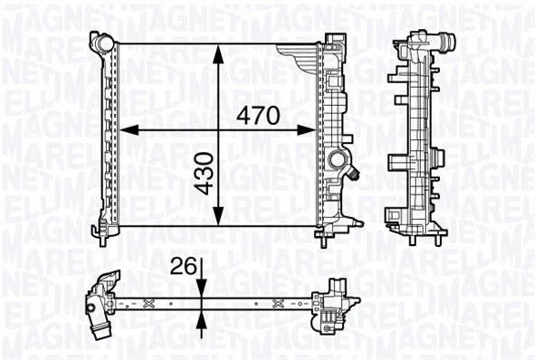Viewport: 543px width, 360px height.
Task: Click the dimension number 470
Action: pyautogui.click(x=260, y=116)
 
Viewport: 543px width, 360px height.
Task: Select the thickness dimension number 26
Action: pyautogui.click(x=184, y=267)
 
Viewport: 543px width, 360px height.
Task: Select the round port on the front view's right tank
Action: pyautogui.click(x=339, y=163)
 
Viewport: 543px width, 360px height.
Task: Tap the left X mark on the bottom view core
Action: pyautogui.click(x=140, y=300)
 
